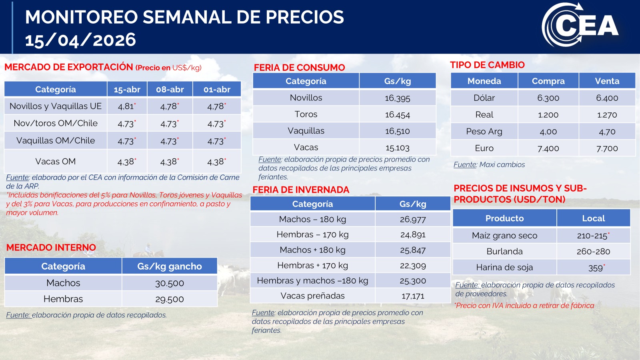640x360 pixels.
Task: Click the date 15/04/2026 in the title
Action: tap(80, 40)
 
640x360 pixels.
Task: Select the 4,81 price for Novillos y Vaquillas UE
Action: tap(126, 106)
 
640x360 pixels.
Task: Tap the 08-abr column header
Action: tap(170, 89)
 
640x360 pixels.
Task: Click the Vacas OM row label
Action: tap(55, 162)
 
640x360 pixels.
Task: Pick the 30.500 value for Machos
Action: tap(169, 283)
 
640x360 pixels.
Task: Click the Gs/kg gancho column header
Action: tap(169, 266)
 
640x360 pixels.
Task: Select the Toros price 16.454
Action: tap(397, 115)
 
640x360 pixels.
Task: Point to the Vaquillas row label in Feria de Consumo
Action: tap(306, 131)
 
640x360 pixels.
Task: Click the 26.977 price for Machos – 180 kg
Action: tap(412, 219)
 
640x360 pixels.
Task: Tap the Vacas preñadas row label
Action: tap(312, 296)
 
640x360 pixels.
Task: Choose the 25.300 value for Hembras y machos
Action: tap(412, 281)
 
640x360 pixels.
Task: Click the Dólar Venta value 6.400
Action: tap(607, 98)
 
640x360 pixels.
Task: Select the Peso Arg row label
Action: tap(484, 132)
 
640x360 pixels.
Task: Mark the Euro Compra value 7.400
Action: tap(548, 148)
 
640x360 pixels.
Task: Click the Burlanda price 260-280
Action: tap(593, 252)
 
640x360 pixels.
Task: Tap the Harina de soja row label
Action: tap(504, 268)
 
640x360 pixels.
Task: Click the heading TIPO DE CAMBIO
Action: tap(487, 65)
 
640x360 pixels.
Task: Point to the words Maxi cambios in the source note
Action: tap(502, 164)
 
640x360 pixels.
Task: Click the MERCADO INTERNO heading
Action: tap(51, 248)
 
